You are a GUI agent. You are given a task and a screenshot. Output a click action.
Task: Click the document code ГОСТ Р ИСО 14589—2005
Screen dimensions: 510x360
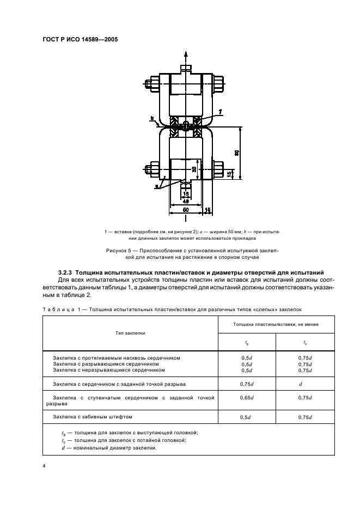(x=81, y=40)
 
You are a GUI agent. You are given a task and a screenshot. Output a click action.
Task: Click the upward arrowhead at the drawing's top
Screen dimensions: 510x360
(x=186, y=53)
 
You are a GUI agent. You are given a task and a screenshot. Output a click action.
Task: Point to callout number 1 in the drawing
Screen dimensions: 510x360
(x=220, y=112)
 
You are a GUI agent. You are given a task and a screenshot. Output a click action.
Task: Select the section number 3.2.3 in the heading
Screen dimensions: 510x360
(x=65, y=272)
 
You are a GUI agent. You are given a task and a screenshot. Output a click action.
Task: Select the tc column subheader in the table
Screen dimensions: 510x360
(x=305, y=342)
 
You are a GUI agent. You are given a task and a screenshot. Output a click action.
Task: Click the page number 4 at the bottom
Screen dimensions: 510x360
(x=44, y=466)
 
